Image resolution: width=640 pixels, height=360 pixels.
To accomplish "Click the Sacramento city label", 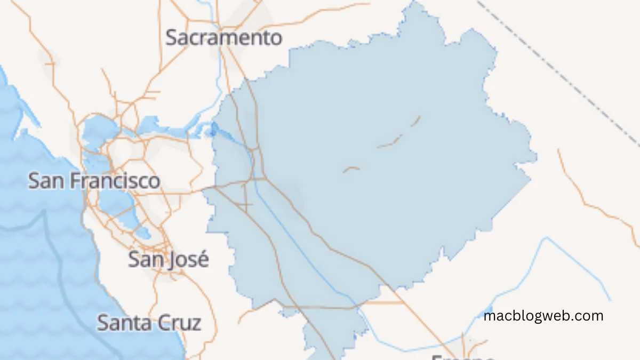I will [223, 38].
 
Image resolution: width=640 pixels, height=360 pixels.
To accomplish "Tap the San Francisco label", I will [94, 181].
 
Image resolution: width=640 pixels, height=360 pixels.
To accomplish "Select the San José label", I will [168, 260].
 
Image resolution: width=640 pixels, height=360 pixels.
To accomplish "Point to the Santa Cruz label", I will [149, 323].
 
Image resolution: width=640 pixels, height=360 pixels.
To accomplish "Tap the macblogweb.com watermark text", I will [543, 316].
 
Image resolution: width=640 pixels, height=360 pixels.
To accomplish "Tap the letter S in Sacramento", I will [172, 38].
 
